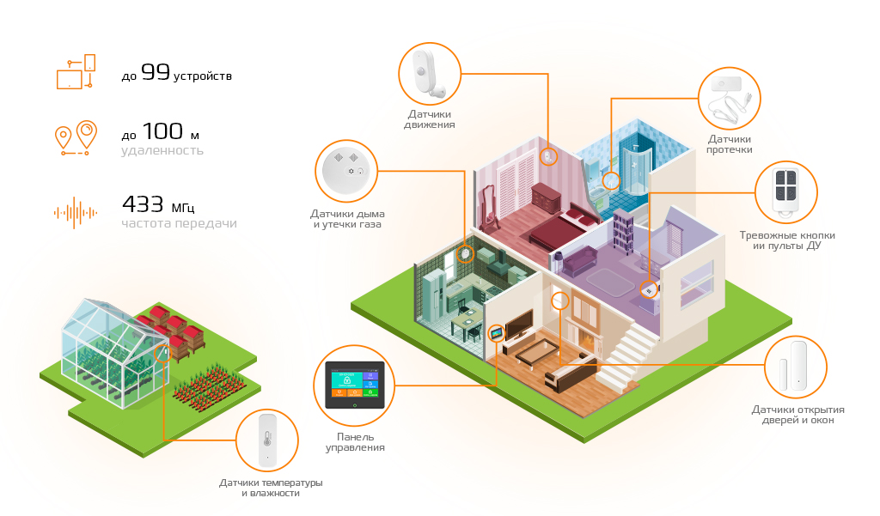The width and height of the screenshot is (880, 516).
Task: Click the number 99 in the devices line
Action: pos(156,74)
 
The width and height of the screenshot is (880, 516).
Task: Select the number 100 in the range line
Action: pos(162,131)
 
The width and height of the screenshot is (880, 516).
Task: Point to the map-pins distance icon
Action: pos(75,137)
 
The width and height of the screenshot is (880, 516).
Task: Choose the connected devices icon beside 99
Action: pos(76,71)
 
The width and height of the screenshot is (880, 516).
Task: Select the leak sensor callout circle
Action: pos(729,98)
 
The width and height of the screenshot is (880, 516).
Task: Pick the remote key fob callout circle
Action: pos(785,191)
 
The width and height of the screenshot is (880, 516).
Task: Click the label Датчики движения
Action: pos(429,119)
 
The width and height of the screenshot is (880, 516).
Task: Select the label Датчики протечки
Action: pos(730,143)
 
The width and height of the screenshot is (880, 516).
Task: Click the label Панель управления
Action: pos(355,442)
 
